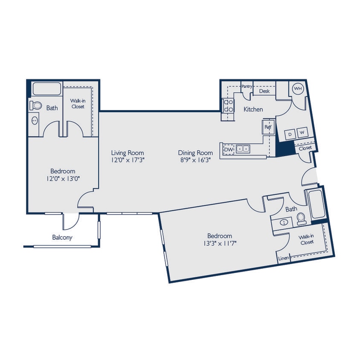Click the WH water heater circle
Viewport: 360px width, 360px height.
pyautogui.click(x=298, y=89)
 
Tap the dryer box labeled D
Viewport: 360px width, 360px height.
pyautogui.click(x=290, y=134)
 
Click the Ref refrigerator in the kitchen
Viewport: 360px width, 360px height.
pyautogui.click(x=268, y=127)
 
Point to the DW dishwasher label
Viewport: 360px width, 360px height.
pyautogui.click(x=229, y=149)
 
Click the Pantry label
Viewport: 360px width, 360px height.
pyautogui.click(x=247, y=87)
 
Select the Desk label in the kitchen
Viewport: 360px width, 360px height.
pyautogui.click(x=264, y=91)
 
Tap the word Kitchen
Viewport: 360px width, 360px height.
pyautogui.click(x=253, y=110)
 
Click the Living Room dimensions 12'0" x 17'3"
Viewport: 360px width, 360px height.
pyautogui.click(x=128, y=160)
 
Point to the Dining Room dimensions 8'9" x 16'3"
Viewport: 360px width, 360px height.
pyautogui.click(x=195, y=160)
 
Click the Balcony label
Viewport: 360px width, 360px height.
pyautogui.click(x=62, y=238)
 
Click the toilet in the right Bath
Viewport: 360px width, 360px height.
pyautogui.click(x=302, y=219)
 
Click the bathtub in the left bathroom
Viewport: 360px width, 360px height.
pyautogui.click(x=46, y=89)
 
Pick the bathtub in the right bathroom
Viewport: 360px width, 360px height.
pyautogui.click(x=316, y=204)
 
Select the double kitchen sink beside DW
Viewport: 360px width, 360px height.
pyautogui.click(x=243, y=149)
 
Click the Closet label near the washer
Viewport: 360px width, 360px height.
pyautogui.click(x=305, y=148)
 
